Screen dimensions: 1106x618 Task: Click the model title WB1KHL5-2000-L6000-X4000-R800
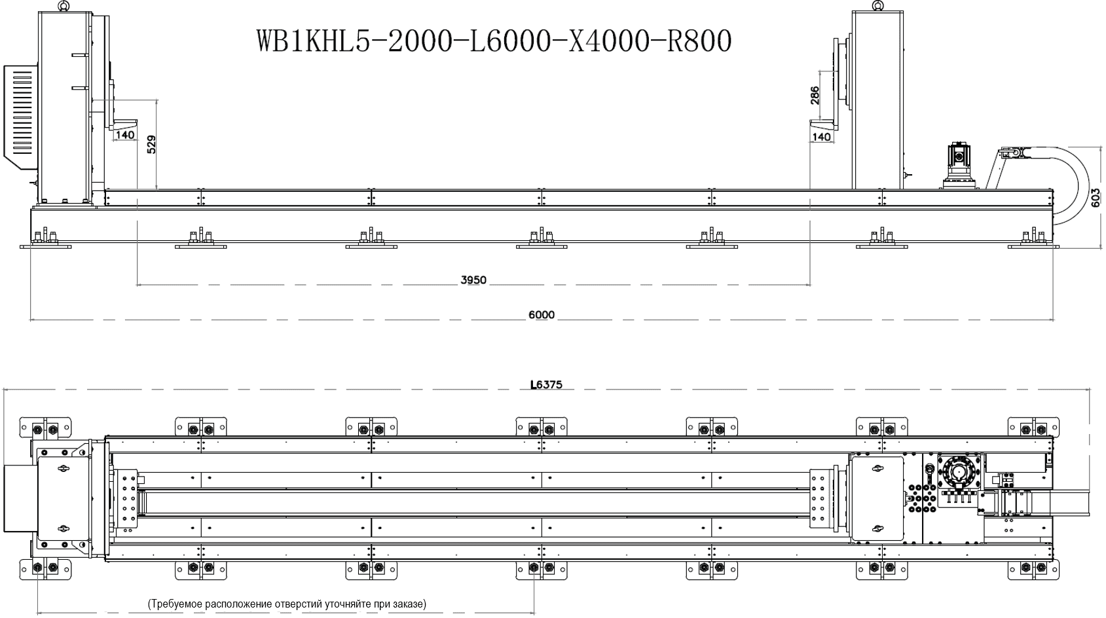pos(494,41)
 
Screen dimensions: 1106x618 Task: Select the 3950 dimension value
pos(473,280)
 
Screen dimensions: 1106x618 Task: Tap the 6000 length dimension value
pos(542,315)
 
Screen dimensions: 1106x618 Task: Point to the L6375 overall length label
pos(546,384)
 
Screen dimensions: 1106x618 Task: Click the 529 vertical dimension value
pos(151,144)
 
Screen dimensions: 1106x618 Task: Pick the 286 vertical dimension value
pos(815,96)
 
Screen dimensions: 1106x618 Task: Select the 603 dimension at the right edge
pos(1096,198)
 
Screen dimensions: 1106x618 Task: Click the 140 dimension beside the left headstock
pos(125,135)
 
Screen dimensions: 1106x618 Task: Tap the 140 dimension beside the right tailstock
pos(822,137)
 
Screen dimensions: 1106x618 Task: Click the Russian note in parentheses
pos(287,604)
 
